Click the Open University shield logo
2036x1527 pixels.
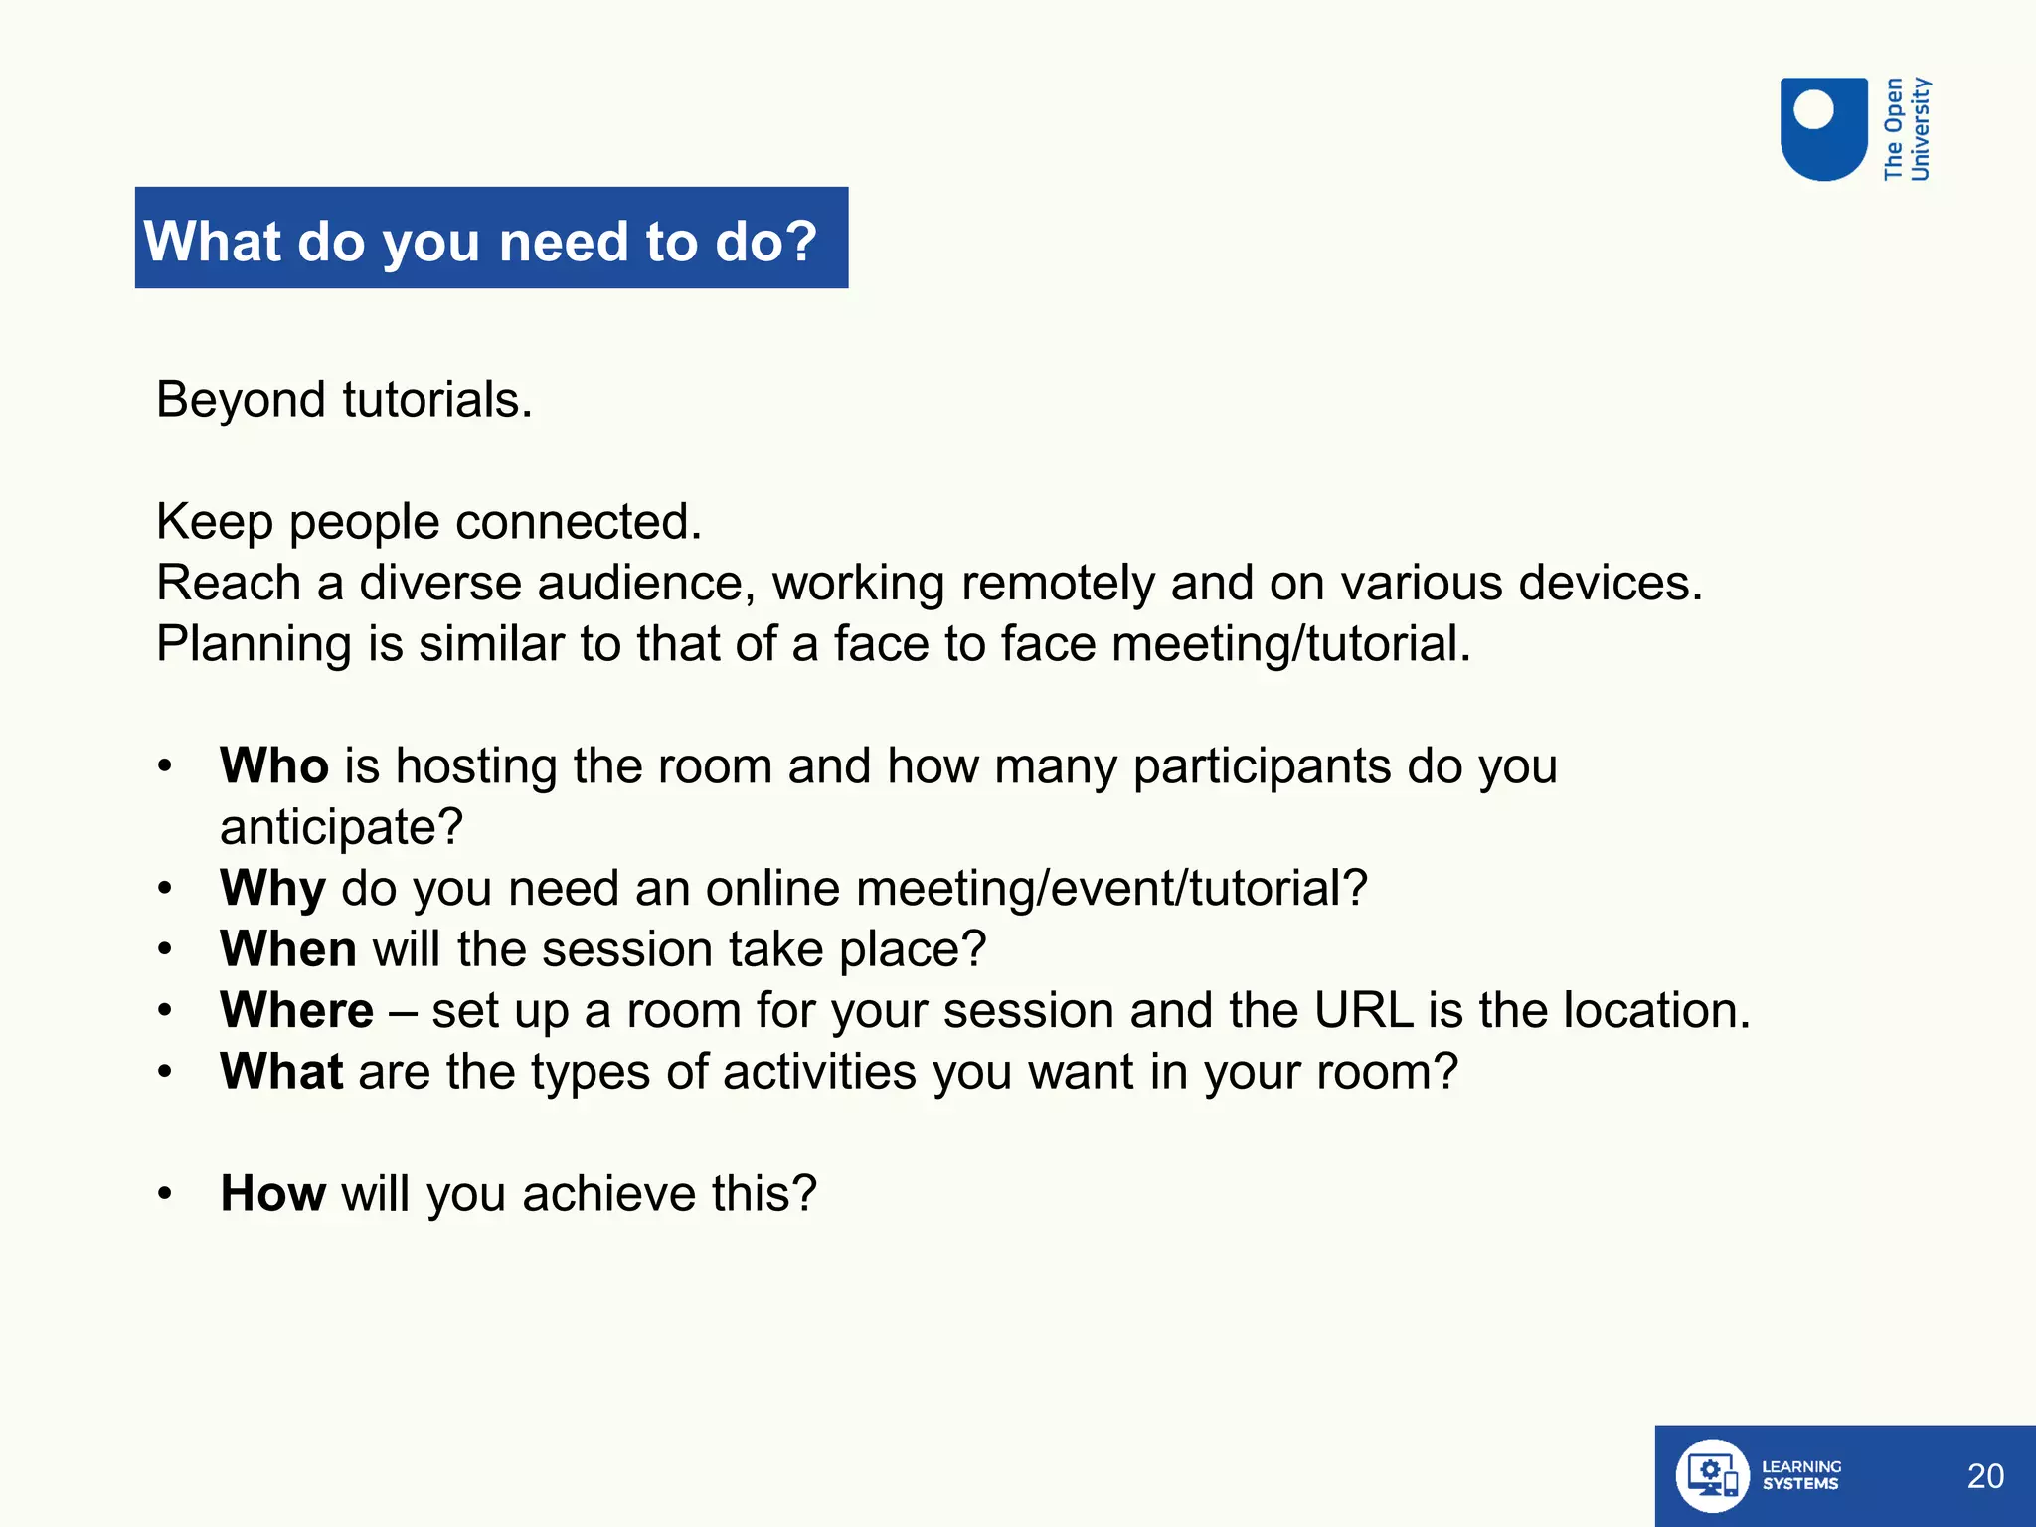[1823, 129]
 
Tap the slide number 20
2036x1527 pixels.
[1985, 1476]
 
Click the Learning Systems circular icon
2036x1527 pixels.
[1712, 1476]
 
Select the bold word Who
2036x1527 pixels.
[274, 766]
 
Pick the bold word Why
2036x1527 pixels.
[272, 888]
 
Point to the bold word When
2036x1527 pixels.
[288, 949]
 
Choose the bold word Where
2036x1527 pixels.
[296, 1011]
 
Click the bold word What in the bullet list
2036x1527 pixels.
[281, 1072]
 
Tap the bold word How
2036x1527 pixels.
[272, 1193]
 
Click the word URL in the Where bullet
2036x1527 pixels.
[1363, 1011]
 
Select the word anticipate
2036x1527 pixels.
[341, 827]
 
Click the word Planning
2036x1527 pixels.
[254, 644]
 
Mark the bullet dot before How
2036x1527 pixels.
[165, 1194]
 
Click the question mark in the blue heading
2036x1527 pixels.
[798, 241]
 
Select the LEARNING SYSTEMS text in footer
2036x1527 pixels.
[1800, 1475]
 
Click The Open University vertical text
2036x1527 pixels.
[1907, 129]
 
